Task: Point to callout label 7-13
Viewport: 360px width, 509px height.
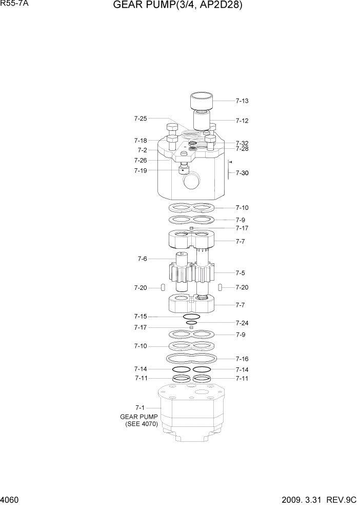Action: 242,101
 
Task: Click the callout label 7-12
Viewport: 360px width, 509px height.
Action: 242,121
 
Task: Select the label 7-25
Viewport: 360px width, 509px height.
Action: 141,119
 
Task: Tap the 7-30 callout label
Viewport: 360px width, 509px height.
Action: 242,173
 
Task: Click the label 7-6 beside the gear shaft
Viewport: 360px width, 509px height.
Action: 142,259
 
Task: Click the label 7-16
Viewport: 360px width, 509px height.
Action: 242,359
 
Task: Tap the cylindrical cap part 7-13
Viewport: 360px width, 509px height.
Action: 202,101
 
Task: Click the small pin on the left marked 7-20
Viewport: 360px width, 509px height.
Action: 163,287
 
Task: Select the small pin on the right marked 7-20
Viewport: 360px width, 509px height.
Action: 220,287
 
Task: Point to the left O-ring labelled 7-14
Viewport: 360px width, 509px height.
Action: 181,369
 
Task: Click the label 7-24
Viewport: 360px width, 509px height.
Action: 242,323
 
